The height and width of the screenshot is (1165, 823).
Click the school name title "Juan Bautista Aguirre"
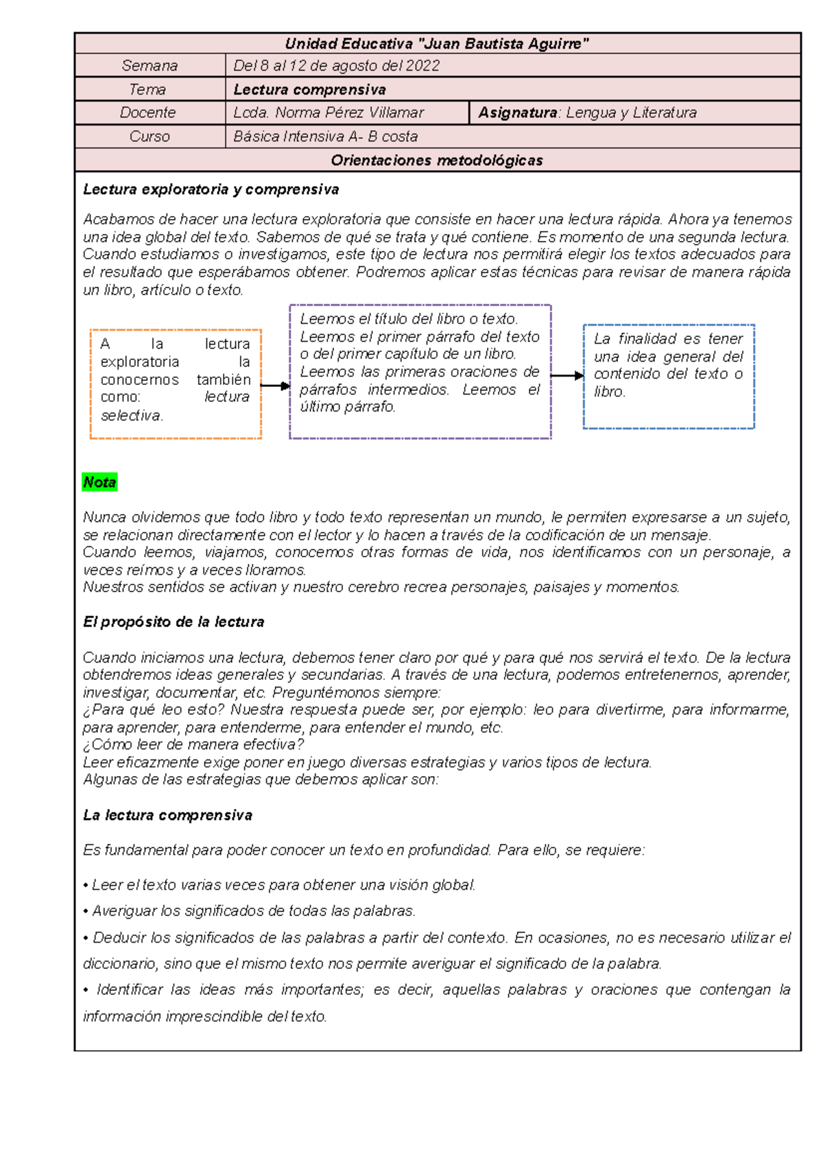(x=437, y=44)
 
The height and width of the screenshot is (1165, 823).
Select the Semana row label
(x=150, y=66)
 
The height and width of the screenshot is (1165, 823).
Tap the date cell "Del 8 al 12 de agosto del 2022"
(x=336, y=66)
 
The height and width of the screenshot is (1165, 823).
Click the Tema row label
(x=147, y=89)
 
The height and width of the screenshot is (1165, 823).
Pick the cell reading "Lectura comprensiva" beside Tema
(x=309, y=89)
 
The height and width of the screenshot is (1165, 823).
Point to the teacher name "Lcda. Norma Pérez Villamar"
(x=329, y=113)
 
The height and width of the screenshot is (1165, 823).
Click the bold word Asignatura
(x=517, y=113)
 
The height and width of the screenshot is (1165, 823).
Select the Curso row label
(x=149, y=137)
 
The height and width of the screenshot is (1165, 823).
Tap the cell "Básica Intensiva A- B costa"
(x=326, y=137)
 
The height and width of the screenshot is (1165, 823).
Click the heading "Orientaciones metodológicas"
(x=437, y=161)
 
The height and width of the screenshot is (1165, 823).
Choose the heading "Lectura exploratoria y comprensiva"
(x=211, y=189)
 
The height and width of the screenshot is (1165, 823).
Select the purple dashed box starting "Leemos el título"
(x=420, y=371)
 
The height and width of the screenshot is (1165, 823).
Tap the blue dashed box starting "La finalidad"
(x=669, y=376)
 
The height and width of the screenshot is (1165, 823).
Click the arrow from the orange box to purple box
(x=276, y=386)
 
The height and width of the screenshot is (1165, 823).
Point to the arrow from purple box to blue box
(x=567, y=375)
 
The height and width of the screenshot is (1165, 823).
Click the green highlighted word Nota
(x=99, y=482)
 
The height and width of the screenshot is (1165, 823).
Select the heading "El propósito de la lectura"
(x=174, y=622)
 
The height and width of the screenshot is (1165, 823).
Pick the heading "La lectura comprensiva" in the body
(x=167, y=815)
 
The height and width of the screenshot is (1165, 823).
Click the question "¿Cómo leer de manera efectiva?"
(x=193, y=744)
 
